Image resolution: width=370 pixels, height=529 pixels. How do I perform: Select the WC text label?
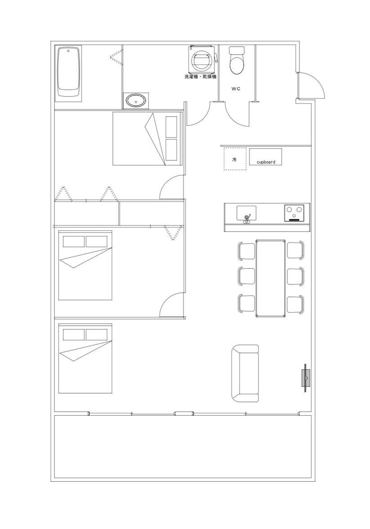pos(236,89)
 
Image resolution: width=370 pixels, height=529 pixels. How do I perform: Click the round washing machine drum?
pos(201,61)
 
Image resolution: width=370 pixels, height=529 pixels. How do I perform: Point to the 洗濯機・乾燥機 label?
pos(200,77)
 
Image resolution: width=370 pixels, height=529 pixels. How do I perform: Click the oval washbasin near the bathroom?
pos(136,101)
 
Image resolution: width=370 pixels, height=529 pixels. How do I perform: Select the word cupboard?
pos(266,162)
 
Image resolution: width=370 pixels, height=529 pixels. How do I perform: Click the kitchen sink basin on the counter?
pos(246,213)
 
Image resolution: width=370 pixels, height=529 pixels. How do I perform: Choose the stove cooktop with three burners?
pos(296,213)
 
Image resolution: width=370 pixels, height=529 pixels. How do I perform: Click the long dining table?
pos(271,278)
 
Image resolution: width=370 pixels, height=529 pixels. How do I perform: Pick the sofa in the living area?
pos(245,373)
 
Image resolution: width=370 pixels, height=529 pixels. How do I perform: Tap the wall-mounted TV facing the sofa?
pos(306,378)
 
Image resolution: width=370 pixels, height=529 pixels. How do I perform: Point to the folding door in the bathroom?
pos(116,56)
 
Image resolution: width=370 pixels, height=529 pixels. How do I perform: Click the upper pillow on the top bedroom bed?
pos(171,126)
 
